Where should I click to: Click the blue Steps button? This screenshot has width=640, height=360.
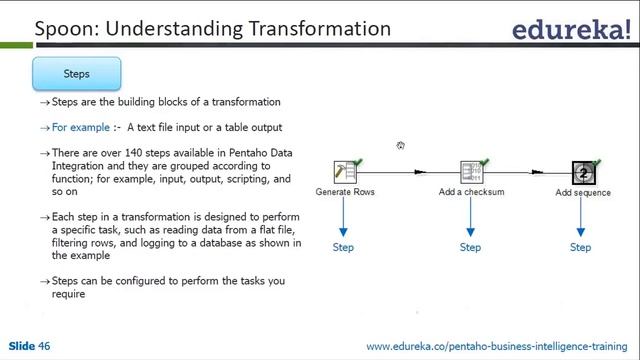[x=77, y=74]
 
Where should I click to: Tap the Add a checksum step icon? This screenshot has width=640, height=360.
[x=471, y=172]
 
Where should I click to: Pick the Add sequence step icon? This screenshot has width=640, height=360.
[x=584, y=173]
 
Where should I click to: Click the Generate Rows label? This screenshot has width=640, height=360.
[x=345, y=192]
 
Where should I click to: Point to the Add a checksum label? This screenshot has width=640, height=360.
[x=471, y=192]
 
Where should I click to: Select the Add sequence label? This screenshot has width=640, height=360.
[x=583, y=192]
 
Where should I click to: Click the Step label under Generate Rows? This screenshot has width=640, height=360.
[x=343, y=247]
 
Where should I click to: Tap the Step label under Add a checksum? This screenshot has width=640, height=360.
[x=470, y=247]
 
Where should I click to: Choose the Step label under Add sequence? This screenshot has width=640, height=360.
[x=580, y=247]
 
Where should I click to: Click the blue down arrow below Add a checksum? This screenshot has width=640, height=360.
[x=470, y=217]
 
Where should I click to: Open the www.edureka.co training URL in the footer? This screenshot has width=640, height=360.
[x=499, y=347]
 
